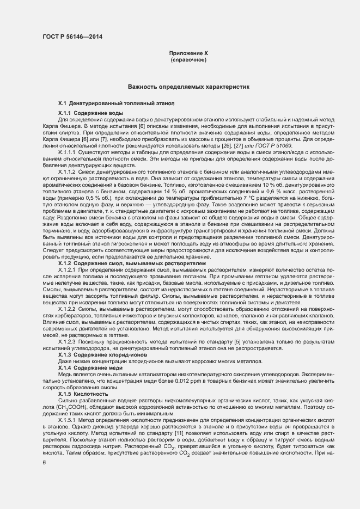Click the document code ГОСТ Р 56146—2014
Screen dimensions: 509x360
[x=72, y=37]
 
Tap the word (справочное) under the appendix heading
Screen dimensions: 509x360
[x=188, y=59]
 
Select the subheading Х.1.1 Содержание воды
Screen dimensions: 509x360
[x=90, y=113]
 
